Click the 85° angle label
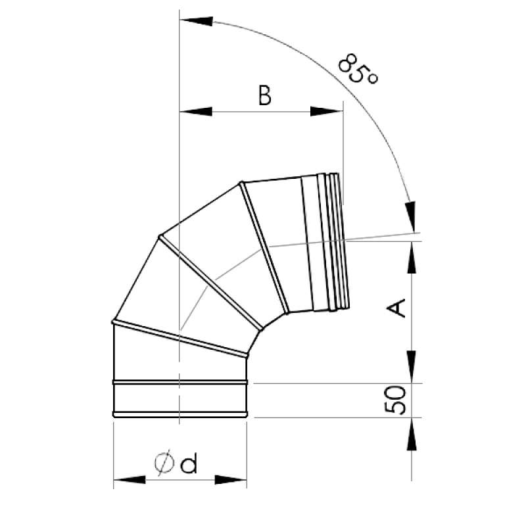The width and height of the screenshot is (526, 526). coord(358,68)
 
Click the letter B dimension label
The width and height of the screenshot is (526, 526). coord(264,96)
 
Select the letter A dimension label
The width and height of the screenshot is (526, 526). coord(397,308)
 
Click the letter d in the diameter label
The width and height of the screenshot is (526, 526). coord(189,465)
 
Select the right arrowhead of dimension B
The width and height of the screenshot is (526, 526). coord(327,112)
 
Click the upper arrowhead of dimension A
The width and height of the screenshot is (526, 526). coord(412,256)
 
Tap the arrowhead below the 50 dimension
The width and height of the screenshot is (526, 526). coord(412,434)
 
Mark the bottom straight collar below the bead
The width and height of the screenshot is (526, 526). coord(180,398)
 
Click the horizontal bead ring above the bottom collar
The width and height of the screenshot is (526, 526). coord(180,381)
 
